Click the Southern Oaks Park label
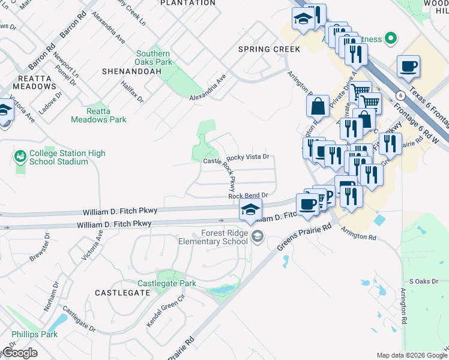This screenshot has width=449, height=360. pos(154,58)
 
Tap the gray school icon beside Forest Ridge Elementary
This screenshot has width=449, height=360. pos(258,237)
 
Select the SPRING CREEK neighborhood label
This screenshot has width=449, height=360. pos(269,49)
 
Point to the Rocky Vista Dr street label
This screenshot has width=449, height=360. pos(250,156)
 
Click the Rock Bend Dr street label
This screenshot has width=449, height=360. pos(247,196)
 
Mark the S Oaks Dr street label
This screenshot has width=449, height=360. pos(421,281)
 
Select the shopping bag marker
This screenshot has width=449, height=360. pos(318,106)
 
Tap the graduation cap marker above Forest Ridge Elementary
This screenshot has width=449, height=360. pos(250,209)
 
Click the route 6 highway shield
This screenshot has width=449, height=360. pos(399,95)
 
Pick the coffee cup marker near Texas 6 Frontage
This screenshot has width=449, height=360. pos(408,66)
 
